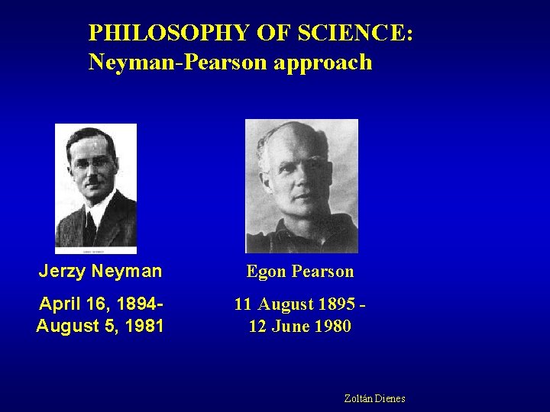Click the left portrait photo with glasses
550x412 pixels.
tap(95, 188)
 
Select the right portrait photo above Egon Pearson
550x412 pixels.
tap(301, 185)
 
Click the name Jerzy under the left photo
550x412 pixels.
tap(62, 271)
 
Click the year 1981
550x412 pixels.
tap(144, 327)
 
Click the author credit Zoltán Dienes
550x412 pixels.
tap(374, 398)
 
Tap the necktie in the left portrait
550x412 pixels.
tap(91, 227)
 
